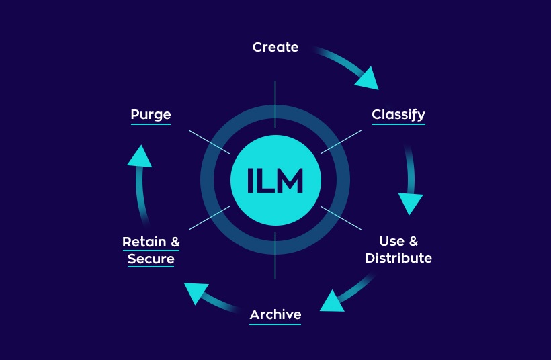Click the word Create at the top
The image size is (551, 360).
275,48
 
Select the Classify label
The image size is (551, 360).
398,114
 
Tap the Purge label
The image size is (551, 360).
151,114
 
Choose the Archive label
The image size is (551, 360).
275,314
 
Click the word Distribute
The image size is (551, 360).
398,259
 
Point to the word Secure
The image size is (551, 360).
151,259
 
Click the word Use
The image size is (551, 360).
392,241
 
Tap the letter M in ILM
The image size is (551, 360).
290,180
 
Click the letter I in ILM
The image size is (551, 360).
251,180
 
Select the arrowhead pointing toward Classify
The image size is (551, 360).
366,78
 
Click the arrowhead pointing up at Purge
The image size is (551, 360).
138,156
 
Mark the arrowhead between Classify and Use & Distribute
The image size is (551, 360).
411,203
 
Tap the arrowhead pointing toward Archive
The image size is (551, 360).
331,300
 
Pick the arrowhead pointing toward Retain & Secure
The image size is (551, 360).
195,291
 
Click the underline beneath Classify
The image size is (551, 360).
398,124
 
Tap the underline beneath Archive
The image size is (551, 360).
275,324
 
